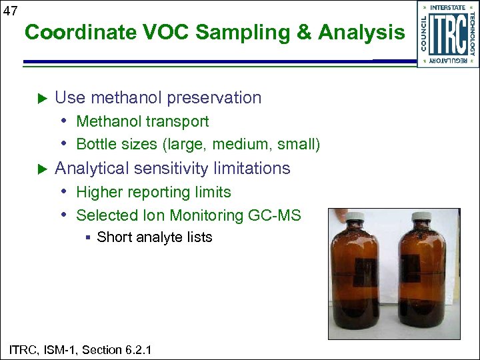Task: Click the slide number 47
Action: tap(9, 10)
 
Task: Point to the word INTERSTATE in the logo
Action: tap(448, 8)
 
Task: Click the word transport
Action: tap(178, 122)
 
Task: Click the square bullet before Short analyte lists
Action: tap(87, 237)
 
